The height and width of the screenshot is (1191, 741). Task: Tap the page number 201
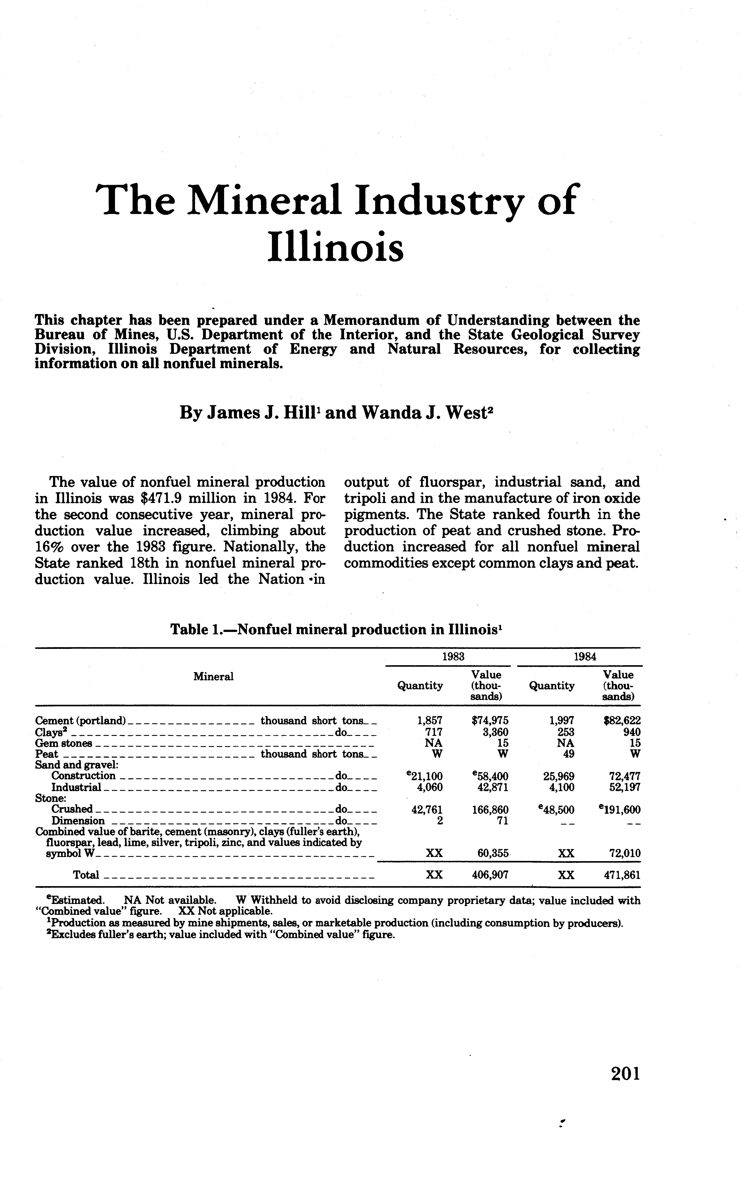coord(625,1074)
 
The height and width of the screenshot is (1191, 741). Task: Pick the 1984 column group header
coord(585,656)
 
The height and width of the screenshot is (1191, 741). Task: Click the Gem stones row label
coord(64,743)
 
